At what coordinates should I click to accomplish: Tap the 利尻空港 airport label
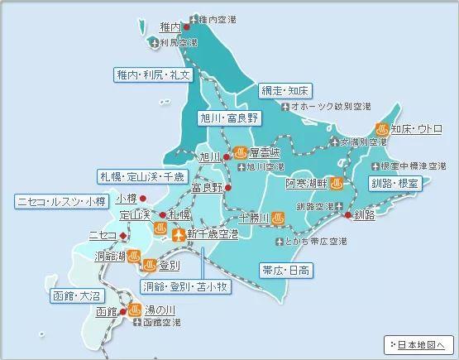[179, 41]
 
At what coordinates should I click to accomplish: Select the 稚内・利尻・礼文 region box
[153, 74]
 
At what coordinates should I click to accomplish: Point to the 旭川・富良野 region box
[229, 118]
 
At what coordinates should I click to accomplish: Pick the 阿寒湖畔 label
[307, 182]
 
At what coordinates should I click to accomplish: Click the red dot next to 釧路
[346, 215]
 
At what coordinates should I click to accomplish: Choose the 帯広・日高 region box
[286, 271]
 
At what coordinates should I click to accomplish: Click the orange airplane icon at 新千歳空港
[177, 235]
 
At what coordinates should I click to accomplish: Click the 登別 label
[170, 266]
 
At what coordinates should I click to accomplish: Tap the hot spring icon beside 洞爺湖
[149, 265]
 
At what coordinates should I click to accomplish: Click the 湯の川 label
[160, 310]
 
